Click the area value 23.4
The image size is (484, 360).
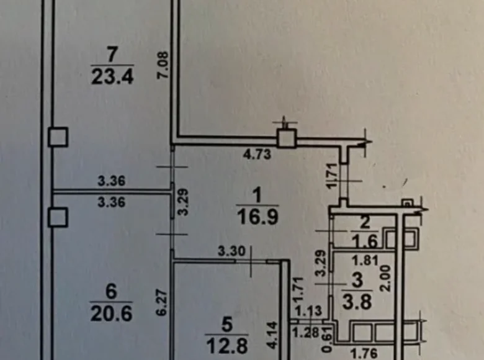112,76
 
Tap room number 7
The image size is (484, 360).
112,54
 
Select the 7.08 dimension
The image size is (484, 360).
163,65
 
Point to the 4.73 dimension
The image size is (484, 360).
257,154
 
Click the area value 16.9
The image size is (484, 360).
258,217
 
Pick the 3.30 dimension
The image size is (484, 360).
232,251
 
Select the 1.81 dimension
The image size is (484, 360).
365,261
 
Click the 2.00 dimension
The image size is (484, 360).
386,278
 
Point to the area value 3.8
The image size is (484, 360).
357,302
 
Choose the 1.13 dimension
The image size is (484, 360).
309,311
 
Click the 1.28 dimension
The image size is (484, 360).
305,333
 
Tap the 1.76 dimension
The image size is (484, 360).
364,353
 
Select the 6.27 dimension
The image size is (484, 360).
162,302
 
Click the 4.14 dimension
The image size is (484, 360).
273,335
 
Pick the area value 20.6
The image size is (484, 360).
112,313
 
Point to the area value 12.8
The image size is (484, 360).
227,346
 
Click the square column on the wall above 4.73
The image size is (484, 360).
287,138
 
